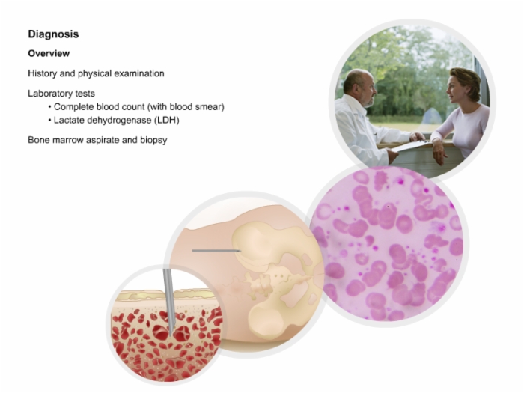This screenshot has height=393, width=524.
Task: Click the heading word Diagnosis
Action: click(x=53, y=34)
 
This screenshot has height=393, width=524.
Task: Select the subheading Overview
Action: click(x=49, y=53)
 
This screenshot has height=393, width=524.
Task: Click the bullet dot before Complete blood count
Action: click(x=50, y=107)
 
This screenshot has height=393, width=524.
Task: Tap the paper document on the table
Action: click(x=410, y=146)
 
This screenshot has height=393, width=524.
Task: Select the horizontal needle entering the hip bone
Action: click(x=216, y=250)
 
